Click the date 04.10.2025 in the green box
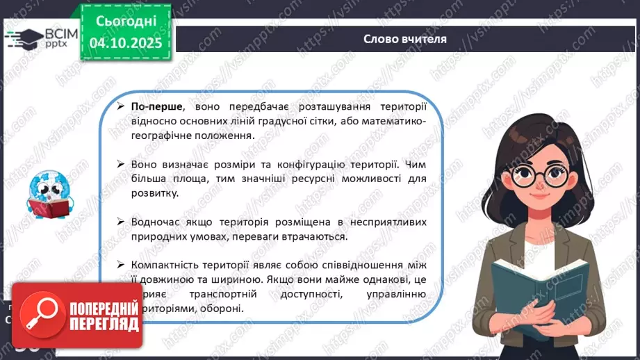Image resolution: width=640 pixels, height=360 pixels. [x=126, y=43]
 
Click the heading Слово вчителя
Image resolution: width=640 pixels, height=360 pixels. [x=404, y=39]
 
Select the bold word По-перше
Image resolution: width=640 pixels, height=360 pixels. [x=157, y=107]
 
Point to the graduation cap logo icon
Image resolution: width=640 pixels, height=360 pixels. [x=23, y=38]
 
